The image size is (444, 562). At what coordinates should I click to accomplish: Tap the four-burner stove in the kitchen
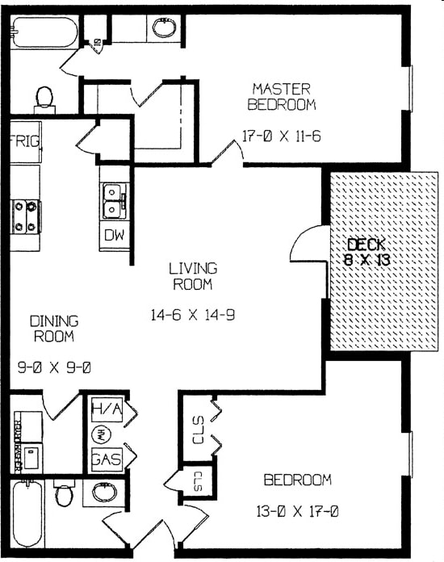coord(25,216)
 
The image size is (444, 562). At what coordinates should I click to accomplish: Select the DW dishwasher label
coord(112,237)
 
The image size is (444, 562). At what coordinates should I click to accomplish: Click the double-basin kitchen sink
coord(112,201)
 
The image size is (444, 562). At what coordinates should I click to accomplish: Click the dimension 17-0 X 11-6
coord(282,136)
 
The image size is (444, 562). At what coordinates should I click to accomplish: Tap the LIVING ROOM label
coord(192,276)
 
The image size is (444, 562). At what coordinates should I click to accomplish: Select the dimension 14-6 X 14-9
coord(192,316)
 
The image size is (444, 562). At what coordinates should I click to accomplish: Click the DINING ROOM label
coord(53,329)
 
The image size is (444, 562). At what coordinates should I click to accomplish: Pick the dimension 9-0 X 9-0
coord(54,367)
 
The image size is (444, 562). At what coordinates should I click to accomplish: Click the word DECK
coord(366,244)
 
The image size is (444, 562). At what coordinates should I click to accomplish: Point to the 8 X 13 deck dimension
coord(366,259)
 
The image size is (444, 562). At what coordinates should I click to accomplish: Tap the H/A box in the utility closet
coord(106,409)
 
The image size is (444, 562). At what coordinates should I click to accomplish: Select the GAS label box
coord(106,459)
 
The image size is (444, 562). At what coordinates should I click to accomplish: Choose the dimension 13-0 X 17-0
coord(298,510)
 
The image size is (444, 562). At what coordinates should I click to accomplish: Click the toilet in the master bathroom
coord(44,99)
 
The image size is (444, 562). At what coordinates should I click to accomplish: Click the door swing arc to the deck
coord(306,246)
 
